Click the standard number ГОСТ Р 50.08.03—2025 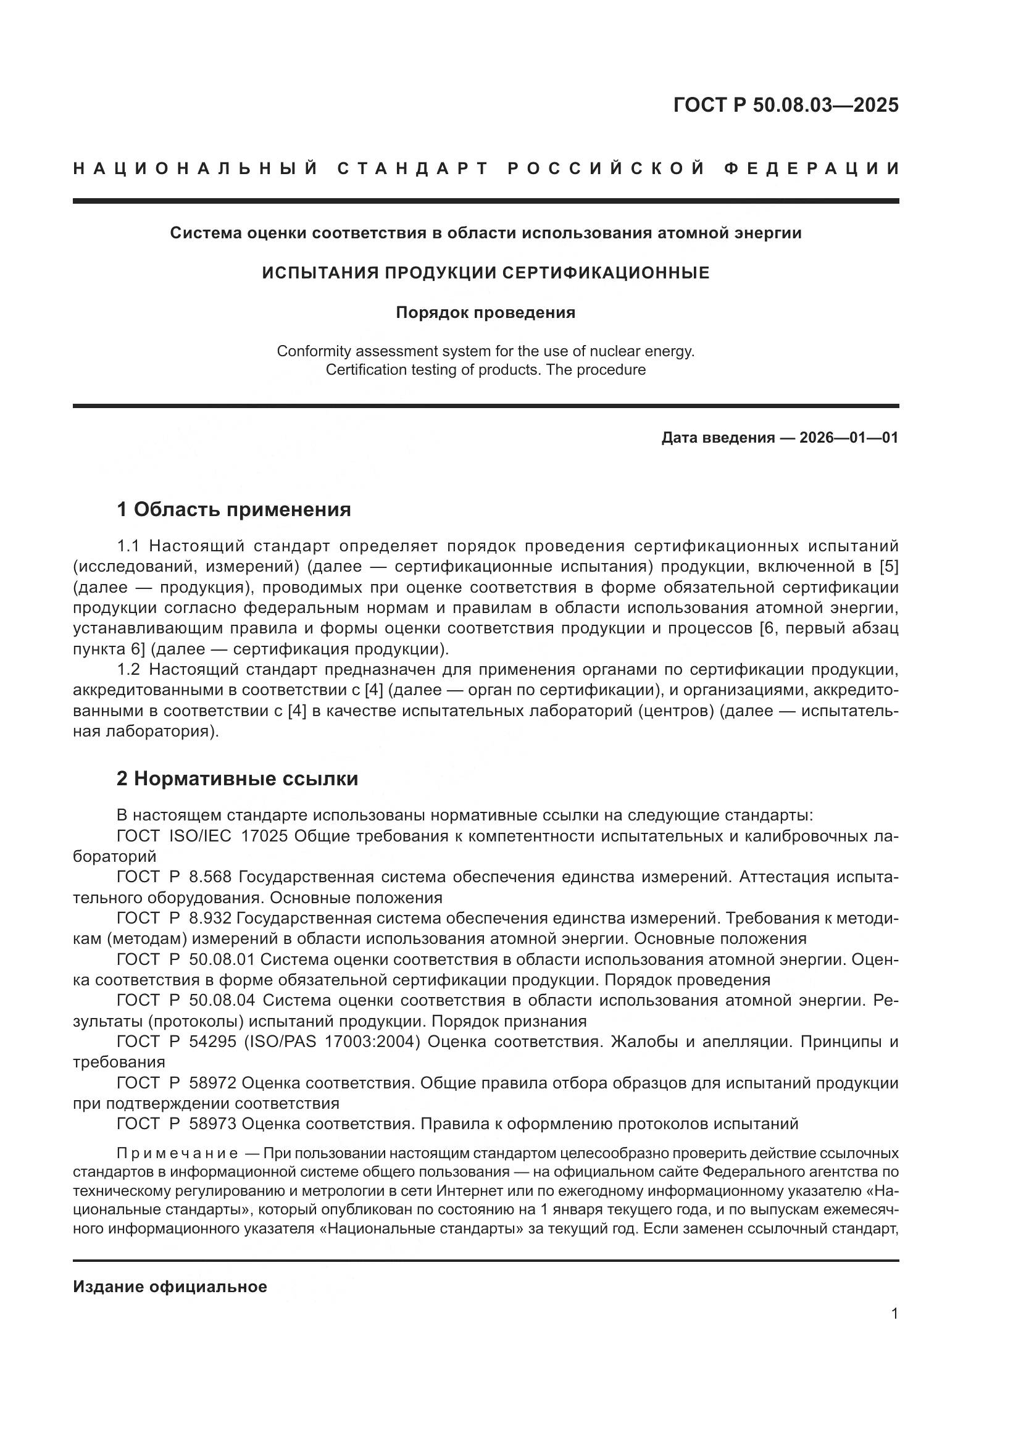pyautogui.click(x=785, y=105)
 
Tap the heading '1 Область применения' pyautogui.click(x=234, y=509)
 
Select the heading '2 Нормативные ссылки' pyautogui.click(x=237, y=778)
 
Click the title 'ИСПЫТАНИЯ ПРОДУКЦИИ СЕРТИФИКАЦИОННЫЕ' pyautogui.click(x=485, y=273)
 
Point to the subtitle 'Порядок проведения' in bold pyautogui.click(x=485, y=312)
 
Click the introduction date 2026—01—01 pyautogui.click(x=849, y=438)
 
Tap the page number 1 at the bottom pyautogui.click(x=894, y=1314)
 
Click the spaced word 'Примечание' pyautogui.click(x=177, y=1153)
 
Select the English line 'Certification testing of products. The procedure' pyautogui.click(x=485, y=370)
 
